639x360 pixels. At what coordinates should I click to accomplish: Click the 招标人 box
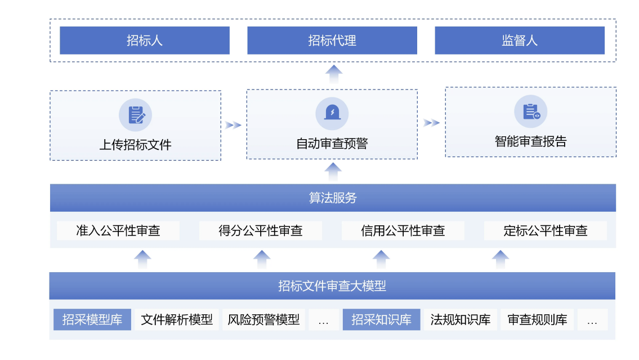[145, 41]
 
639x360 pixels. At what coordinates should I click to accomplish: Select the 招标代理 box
[332, 41]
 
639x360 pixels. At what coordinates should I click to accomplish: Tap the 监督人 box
[519, 41]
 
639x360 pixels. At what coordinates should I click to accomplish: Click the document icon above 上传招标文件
[136, 115]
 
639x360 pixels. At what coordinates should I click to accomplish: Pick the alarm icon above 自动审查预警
[332, 113]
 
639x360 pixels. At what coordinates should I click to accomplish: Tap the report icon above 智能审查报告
[530, 112]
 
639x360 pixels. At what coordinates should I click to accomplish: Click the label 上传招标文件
[136, 145]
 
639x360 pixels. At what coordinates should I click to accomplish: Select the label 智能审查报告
[530, 141]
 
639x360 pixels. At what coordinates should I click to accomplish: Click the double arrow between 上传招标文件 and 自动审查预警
[233, 125]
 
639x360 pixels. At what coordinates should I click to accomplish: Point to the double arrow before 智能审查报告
[432, 123]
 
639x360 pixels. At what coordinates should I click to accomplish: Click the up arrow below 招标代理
[334, 74]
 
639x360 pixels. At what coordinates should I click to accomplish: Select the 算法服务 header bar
[333, 198]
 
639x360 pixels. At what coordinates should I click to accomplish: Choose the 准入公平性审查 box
[118, 230]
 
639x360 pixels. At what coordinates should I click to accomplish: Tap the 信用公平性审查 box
[403, 230]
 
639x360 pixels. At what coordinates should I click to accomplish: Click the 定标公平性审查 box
[546, 230]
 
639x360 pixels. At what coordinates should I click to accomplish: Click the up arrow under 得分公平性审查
[262, 259]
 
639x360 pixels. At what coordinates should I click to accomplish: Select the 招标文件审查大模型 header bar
[332, 286]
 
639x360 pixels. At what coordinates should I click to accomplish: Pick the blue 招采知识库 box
[381, 319]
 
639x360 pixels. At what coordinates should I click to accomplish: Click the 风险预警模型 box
[264, 319]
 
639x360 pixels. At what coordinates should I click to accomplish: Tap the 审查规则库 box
[537, 319]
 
